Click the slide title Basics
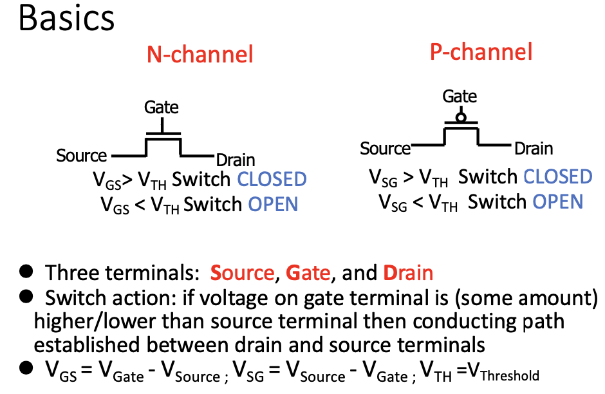point(67,19)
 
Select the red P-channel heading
point(481,52)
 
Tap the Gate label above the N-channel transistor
point(162,107)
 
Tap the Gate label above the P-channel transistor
point(460,97)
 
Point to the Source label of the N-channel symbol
point(82,156)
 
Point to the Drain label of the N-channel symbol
point(236,160)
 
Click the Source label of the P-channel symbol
point(385,149)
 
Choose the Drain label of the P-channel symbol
point(534,149)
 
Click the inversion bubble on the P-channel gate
point(460,118)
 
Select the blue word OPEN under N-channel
point(273,204)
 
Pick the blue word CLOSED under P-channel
point(557,176)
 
